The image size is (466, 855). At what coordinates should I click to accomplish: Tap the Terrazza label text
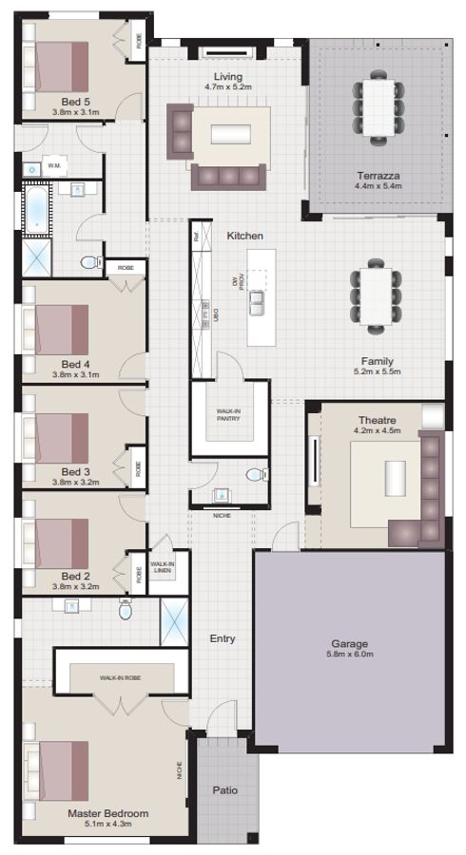coord(379,176)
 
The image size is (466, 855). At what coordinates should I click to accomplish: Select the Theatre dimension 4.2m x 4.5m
coord(379,430)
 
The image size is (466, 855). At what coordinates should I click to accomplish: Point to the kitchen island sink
coord(257,303)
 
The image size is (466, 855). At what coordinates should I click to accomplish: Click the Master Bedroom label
coord(107,814)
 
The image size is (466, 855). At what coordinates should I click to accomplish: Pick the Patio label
coord(225,789)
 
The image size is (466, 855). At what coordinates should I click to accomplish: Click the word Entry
coord(223,638)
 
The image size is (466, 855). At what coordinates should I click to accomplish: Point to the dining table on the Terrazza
coord(379,104)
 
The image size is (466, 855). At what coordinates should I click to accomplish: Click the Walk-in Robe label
coord(120,678)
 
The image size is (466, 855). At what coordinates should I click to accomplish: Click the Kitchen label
coord(244,235)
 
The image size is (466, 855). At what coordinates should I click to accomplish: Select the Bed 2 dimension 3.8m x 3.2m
coord(76,586)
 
